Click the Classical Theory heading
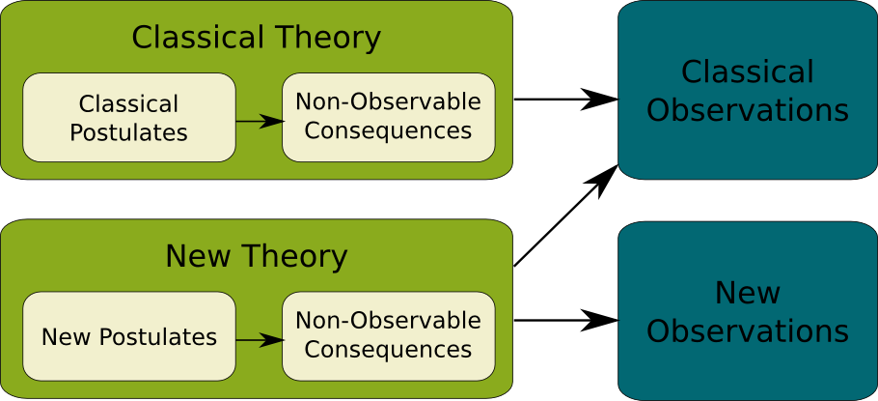coord(256,38)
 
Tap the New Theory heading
coord(257,256)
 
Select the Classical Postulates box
coord(129,117)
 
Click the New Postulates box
coord(129,336)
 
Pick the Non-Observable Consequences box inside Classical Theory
coord(389,117)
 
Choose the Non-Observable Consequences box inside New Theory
coord(389,336)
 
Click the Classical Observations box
coord(748,90)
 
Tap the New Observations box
coord(748,311)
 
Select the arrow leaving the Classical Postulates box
coord(260,121)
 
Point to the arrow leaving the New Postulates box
coord(260,339)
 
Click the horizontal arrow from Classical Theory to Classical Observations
coord(566,100)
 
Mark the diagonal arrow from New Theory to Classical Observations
coord(566,215)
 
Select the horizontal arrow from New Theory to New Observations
coord(566,320)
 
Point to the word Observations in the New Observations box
coord(748,330)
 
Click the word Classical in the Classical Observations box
coord(748,72)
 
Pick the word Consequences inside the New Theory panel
coord(388,350)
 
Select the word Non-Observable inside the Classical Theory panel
coord(388,101)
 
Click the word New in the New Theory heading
coord(198,256)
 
